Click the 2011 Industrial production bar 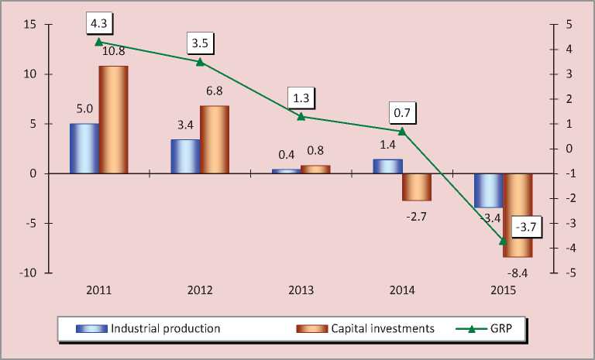pyautogui.click(x=84, y=149)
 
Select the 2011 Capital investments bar pyautogui.click(x=114, y=120)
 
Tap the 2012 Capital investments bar pyautogui.click(x=215, y=139)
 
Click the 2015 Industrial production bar pyautogui.click(x=489, y=190)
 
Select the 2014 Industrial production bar pyautogui.click(x=388, y=166)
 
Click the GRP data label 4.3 pyautogui.click(x=99, y=24)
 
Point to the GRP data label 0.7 pyautogui.click(x=401, y=113)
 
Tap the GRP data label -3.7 pyautogui.click(x=526, y=228)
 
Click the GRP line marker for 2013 pyautogui.click(x=301, y=116)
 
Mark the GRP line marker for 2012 pyautogui.click(x=200, y=62)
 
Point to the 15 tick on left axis pyautogui.click(x=30, y=25)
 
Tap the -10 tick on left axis pyautogui.click(x=28, y=273)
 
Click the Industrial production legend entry pyautogui.click(x=147, y=328)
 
